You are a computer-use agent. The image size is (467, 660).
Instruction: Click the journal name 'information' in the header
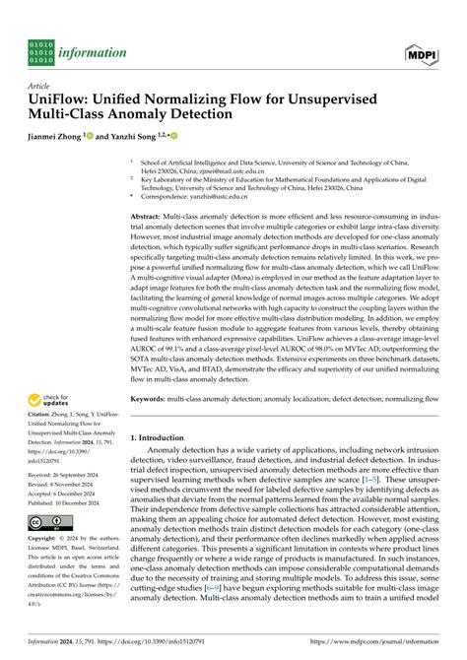click(x=94, y=51)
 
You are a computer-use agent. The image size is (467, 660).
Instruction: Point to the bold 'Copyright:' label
click(x=45, y=540)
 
